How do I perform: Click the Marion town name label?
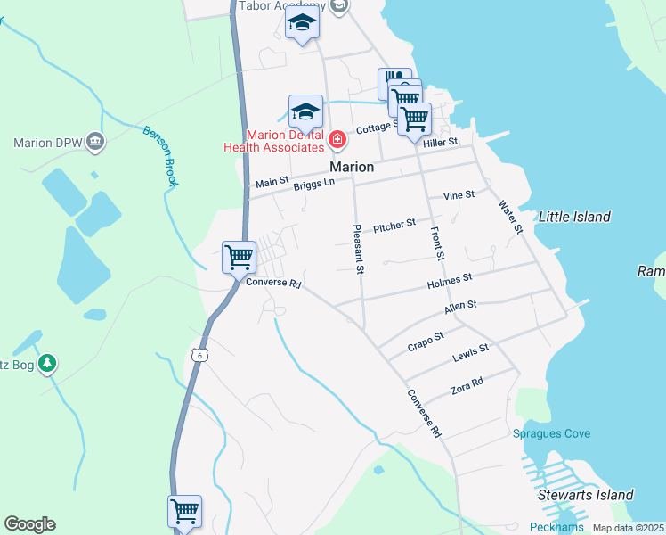point(352,167)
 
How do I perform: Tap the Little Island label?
point(574,217)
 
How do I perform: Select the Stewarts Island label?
point(585,495)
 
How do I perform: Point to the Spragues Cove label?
point(551,434)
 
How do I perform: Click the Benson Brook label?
point(161,156)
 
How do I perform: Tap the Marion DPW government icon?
point(96,142)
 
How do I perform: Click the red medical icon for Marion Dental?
point(337,139)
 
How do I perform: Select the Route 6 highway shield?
point(198,356)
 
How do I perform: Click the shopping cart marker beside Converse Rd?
point(239,258)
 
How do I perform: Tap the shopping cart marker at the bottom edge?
point(184,512)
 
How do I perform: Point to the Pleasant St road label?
point(359,249)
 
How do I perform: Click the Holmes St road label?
point(450,282)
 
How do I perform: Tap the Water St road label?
point(509,217)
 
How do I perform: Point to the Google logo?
point(29,524)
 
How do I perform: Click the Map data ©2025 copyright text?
point(628,528)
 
